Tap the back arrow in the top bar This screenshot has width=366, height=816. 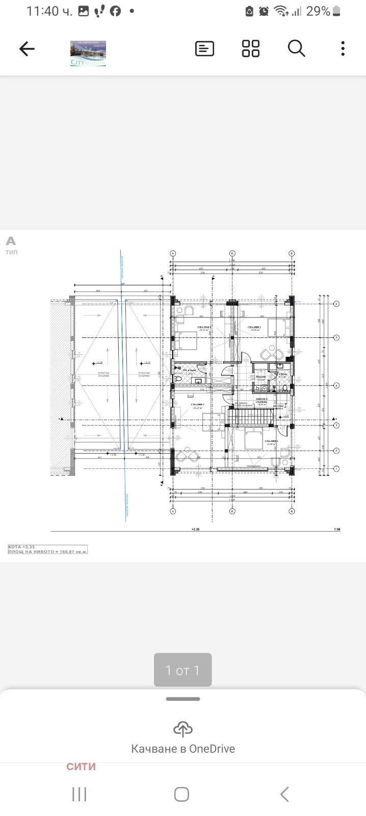pyautogui.click(x=27, y=49)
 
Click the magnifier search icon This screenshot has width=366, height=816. pyautogui.click(x=296, y=49)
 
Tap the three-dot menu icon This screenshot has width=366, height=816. pyautogui.click(x=343, y=49)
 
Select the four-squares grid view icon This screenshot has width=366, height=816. pyautogui.click(x=250, y=49)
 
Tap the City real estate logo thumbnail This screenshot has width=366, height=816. pyautogui.click(x=88, y=54)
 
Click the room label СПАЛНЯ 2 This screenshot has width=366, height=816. pyautogui.click(x=255, y=327)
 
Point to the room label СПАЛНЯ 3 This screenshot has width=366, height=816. pyautogui.click(x=198, y=405)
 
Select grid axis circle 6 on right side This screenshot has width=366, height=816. pyautogui.click(x=336, y=304)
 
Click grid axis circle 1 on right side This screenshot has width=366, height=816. pyautogui.click(x=336, y=468)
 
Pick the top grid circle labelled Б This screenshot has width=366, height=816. pyautogui.click(x=232, y=253)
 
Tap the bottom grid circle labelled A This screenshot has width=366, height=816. pyautogui.click(x=173, y=511)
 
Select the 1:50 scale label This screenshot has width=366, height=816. pyautogui.click(x=336, y=530)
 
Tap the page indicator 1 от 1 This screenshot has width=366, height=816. pyautogui.click(x=182, y=670)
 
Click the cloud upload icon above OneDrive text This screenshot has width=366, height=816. pyautogui.click(x=182, y=729)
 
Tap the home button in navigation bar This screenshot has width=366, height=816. pyautogui.click(x=181, y=794)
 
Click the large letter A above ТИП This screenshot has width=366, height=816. pyautogui.click(x=11, y=241)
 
